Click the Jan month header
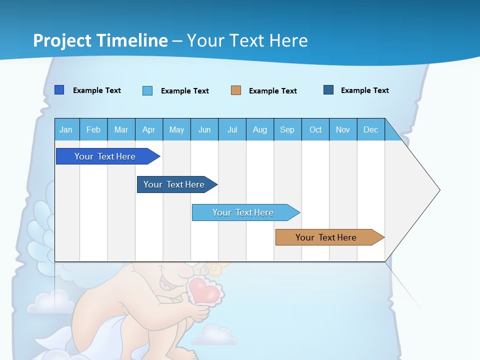[66, 129]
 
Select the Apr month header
[148, 129]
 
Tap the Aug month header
[259, 129]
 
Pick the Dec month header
[370, 129]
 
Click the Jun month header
[204, 129]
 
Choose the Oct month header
[315, 129]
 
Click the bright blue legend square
[59, 90]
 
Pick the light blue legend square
[147, 90]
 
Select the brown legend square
[236, 90]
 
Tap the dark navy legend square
[328, 90]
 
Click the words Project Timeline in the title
[100, 40]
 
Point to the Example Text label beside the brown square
[272, 91]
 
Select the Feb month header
[93, 129]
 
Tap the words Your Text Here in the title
[247, 40]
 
